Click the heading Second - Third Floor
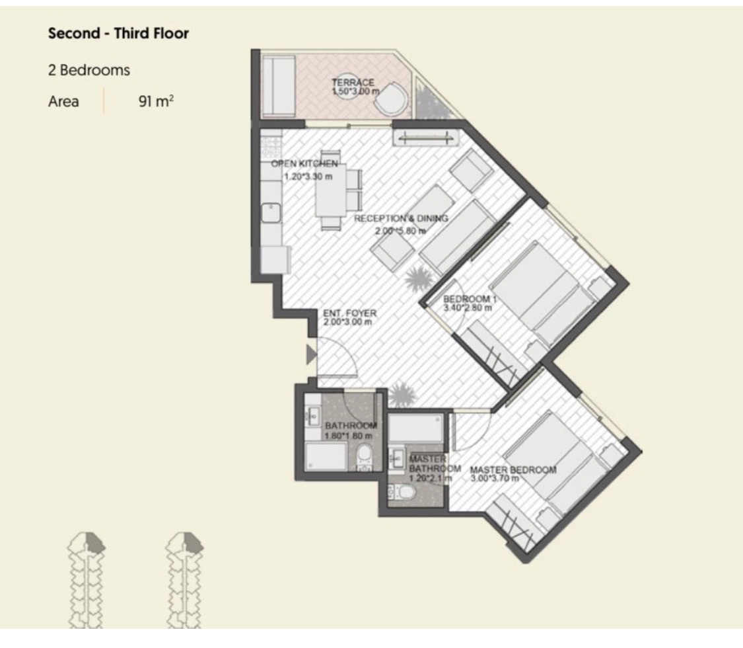click(118, 33)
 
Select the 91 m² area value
click(156, 101)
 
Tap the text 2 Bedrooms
click(89, 70)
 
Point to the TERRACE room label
click(353, 82)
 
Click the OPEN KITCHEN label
click(304, 164)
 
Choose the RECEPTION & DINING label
click(401, 218)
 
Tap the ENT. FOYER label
click(349, 313)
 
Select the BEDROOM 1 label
click(470, 299)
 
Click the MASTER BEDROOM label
click(513, 469)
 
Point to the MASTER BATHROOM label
click(435, 464)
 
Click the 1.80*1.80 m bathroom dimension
click(348, 436)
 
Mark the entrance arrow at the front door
click(311, 354)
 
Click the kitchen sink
click(271, 212)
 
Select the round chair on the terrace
click(391, 99)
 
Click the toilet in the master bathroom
click(401, 493)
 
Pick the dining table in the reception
click(331, 190)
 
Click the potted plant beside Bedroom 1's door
click(418, 278)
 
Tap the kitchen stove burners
click(271, 147)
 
